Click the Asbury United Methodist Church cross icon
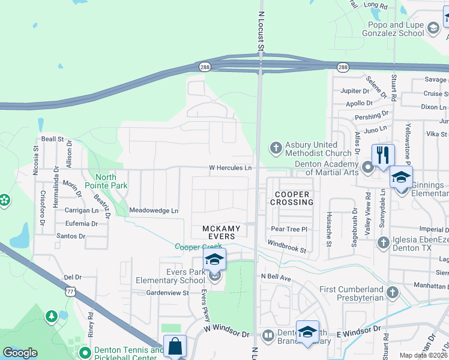[x=276, y=148]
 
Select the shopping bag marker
[x=175, y=346]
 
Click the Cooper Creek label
[x=198, y=247]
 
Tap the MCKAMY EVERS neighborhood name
[x=221, y=233]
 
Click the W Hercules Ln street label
[x=230, y=168]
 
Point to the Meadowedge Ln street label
[x=154, y=211]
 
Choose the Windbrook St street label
[x=287, y=246]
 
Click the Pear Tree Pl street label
[x=289, y=229]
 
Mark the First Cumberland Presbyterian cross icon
[x=392, y=292]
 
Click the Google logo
[x=20, y=353]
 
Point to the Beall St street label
[x=52, y=139]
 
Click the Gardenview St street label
[x=168, y=293]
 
